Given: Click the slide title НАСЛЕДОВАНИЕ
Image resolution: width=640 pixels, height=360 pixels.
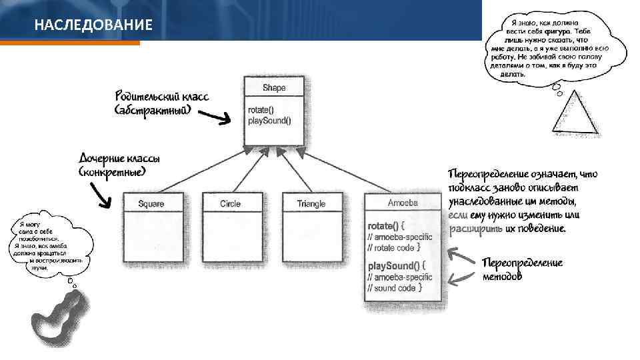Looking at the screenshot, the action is (93, 25).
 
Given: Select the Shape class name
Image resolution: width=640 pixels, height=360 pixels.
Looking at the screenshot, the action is (273, 87).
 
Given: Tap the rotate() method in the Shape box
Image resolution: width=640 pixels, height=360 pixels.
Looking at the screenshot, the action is (261, 110).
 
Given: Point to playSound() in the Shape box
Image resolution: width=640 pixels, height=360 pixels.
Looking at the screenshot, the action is (269, 121).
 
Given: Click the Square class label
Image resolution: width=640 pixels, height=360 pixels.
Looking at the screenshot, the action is (151, 203).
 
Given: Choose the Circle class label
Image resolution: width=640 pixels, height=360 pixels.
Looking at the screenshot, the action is (230, 203).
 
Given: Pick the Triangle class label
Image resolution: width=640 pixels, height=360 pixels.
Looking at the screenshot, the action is (311, 203).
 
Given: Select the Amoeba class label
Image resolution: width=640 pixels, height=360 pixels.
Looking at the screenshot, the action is (403, 203).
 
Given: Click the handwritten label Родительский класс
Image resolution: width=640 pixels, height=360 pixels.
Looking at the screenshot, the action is (161, 97).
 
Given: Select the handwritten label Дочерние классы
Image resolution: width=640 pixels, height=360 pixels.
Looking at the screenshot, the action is (119, 159).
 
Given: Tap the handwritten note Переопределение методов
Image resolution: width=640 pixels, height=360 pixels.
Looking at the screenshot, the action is (522, 269).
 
